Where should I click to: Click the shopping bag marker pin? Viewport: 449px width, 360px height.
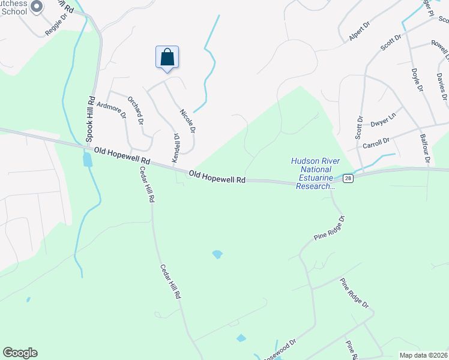(167, 58)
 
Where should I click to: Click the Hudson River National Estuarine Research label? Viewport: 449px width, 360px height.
(313, 173)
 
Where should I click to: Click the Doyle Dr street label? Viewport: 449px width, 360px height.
(417, 79)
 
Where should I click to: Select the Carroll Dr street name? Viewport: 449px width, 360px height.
(376, 141)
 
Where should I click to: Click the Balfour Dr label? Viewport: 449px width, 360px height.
(427, 149)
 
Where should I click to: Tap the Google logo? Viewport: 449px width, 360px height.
(20, 353)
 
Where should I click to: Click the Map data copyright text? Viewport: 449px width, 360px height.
(423, 355)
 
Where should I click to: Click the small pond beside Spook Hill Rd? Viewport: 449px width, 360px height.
(88, 159)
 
